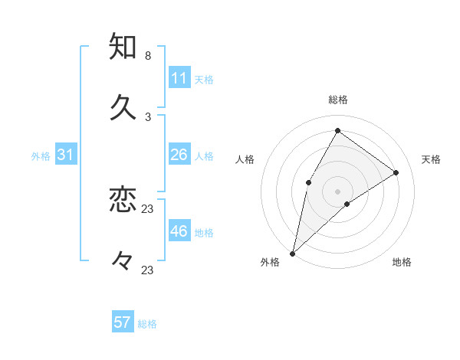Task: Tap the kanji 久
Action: click(x=123, y=106)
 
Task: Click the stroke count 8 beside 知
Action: click(x=148, y=56)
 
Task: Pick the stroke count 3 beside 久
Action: click(x=148, y=116)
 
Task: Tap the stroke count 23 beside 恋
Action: click(x=148, y=208)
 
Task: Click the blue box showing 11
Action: click(x=179, y=78)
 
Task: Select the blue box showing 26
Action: click(x=179, y=155)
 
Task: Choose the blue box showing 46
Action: click(x=179, y=231)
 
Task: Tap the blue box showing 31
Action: click(x=66, y=155)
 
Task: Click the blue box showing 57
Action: click(x=123, y=322)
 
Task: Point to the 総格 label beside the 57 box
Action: click(x=147, y=324)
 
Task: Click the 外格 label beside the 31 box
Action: click(x=41, y=156)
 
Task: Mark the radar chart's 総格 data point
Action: click(x=337, y=130)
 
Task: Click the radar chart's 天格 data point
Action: click(x=396, y=172)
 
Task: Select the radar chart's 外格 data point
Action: click(x=292, y=253)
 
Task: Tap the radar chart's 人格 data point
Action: click(x=309, y=182)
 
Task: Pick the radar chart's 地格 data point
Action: click(x=347, y=204)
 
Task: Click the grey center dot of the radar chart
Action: click(x=337, y=191)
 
